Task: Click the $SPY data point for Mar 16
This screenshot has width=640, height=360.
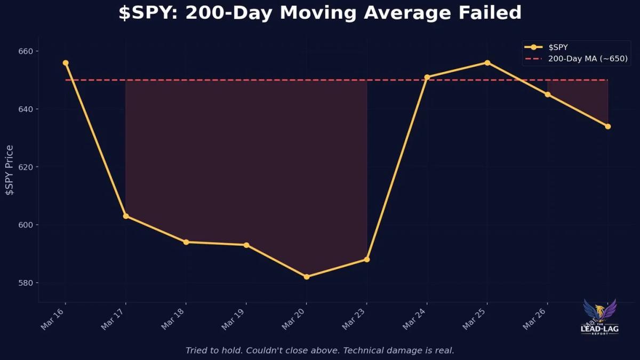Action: (66, 63)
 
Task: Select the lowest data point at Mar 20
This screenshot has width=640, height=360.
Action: (307, 277)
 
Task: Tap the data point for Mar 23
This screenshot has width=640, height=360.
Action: (367, 260)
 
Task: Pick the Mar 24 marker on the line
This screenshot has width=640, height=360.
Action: (427, 77)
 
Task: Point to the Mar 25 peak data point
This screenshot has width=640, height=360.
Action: (487, 62)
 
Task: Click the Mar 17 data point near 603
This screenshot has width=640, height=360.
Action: (126, 216)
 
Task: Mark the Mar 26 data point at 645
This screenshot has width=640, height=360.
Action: (548, 94)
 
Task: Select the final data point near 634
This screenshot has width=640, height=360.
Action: (608, 126)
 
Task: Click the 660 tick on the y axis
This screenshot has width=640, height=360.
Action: (25, 51)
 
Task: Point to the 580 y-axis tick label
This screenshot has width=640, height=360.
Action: (25, 283)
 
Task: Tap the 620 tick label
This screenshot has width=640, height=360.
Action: (25, 167)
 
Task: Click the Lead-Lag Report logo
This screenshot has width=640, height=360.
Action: (599, 317)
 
